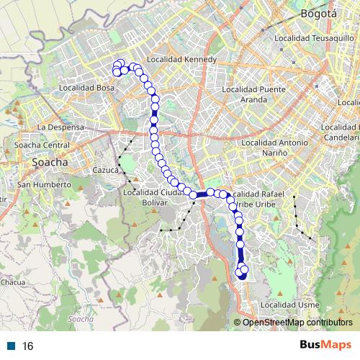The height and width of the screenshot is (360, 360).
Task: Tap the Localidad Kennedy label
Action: pos(181,59)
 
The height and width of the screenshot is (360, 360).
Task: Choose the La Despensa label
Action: pos(61,127)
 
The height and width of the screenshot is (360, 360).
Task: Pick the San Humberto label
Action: pos(44,184)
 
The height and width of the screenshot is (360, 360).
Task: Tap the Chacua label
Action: pos(12,282)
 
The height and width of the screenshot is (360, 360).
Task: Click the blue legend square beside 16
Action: pos(12,346)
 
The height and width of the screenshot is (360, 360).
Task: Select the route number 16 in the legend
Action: pos(28,346)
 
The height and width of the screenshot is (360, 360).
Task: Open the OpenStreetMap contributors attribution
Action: pos(297,323)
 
